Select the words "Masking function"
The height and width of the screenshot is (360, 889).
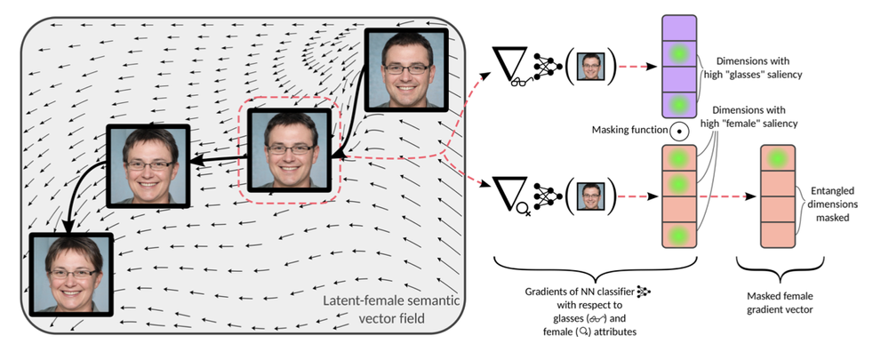[629, 131]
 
